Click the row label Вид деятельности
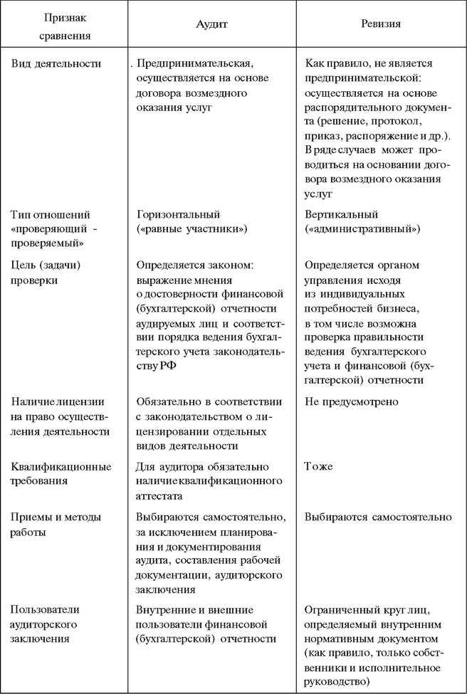pos(56,63)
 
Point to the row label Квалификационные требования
pos(61,473)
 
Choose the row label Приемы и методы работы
pos(56,524)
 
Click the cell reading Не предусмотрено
pos(351,401)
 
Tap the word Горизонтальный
pos(178,214)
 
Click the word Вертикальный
pos(341,214)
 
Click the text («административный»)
pos(362,229)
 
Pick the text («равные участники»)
pos(192,229)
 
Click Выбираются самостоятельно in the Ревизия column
pos(377,517)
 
